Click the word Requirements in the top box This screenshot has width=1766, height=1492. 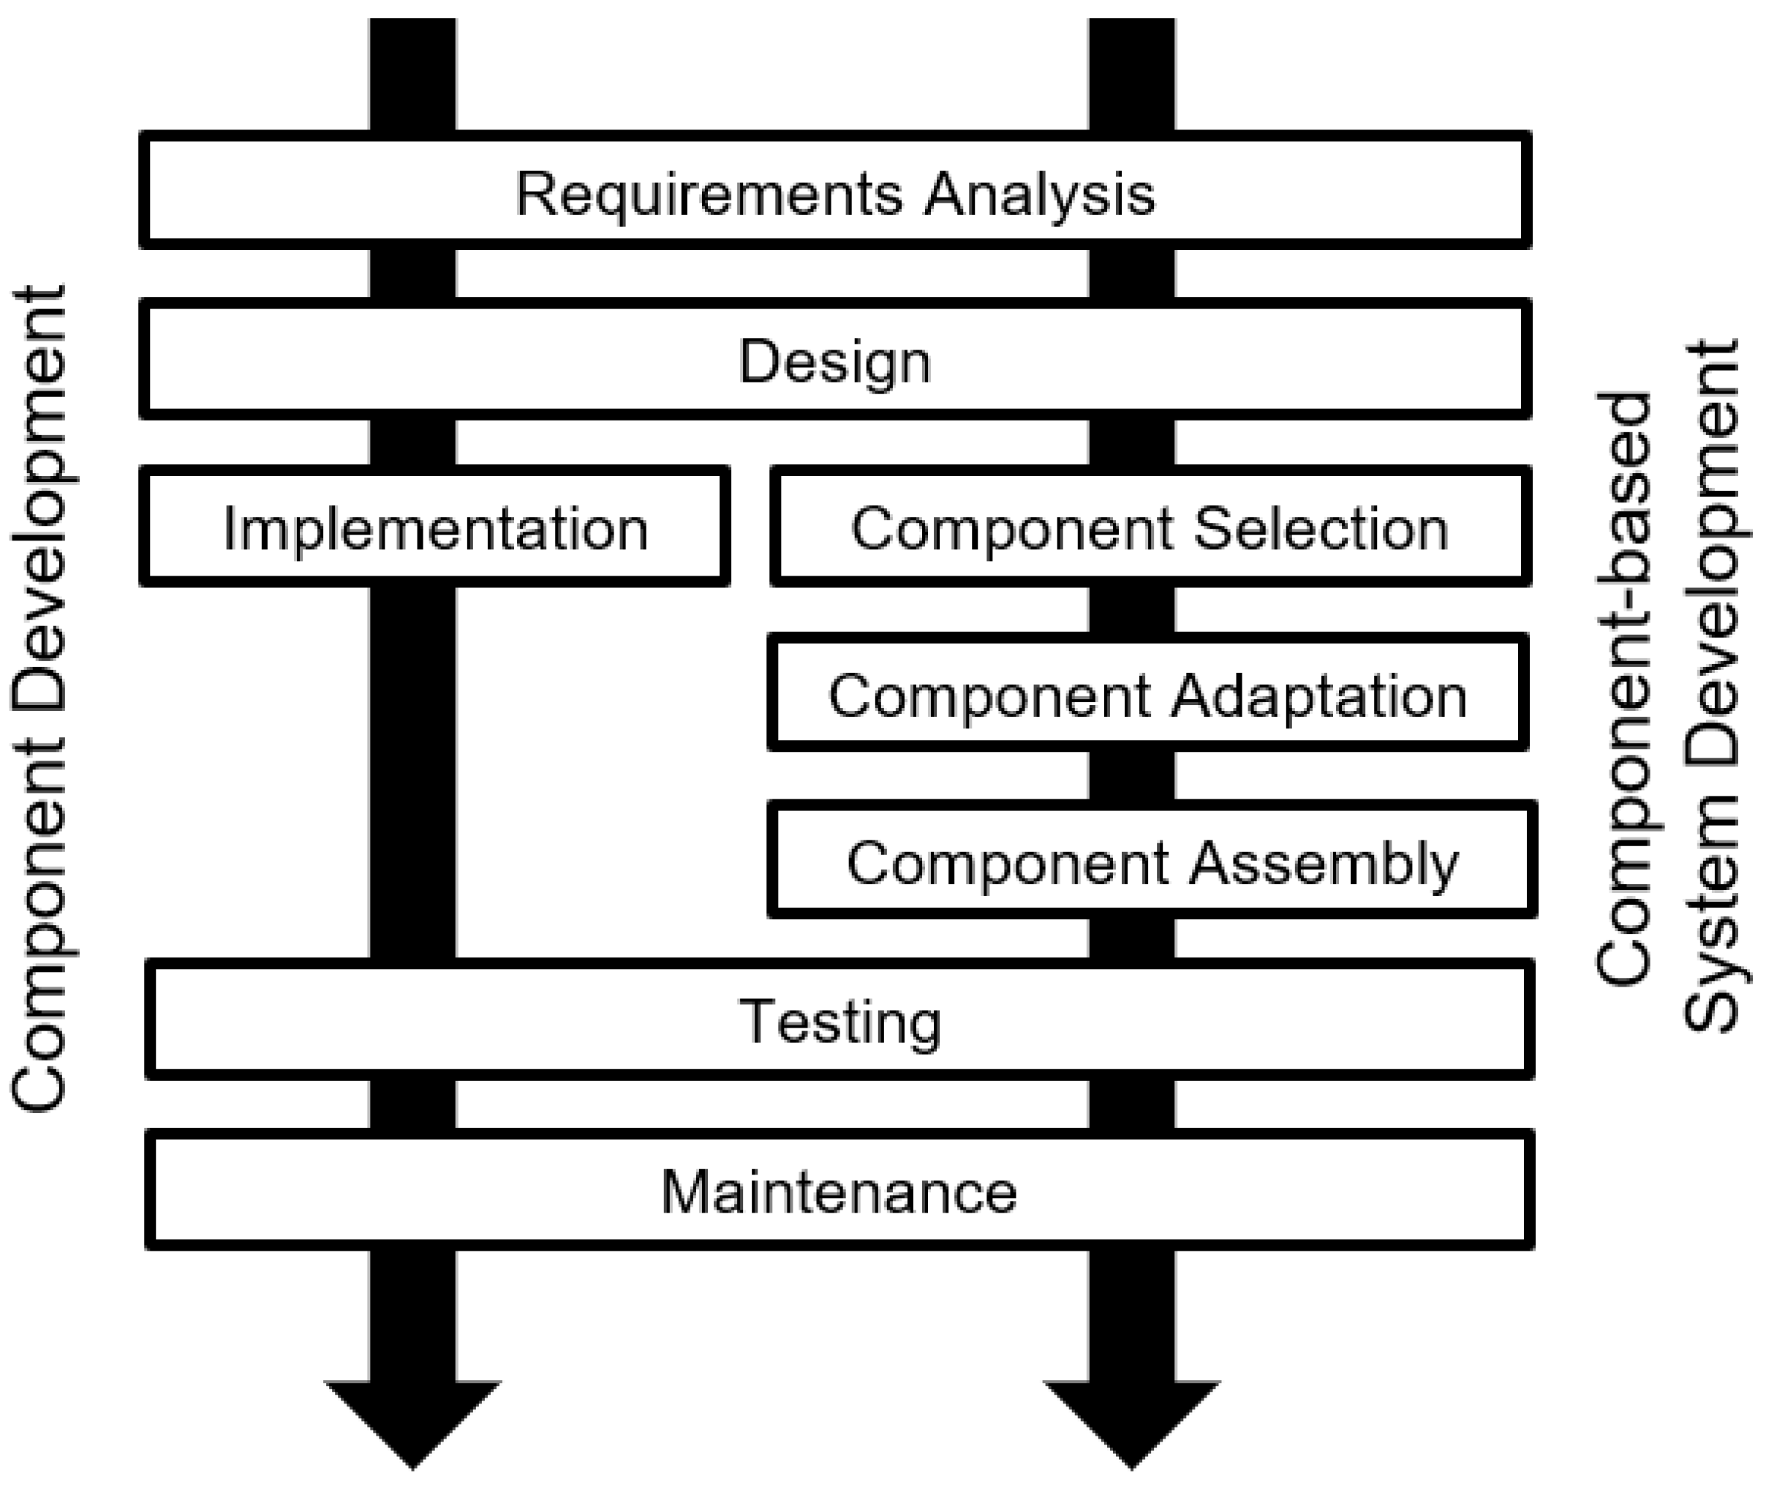(x=709, y=195)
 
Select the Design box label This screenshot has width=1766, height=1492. (x=835, y=362)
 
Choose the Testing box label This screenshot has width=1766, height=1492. (x=840, y=1022)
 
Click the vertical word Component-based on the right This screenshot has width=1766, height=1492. (x=1624, y=690)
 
